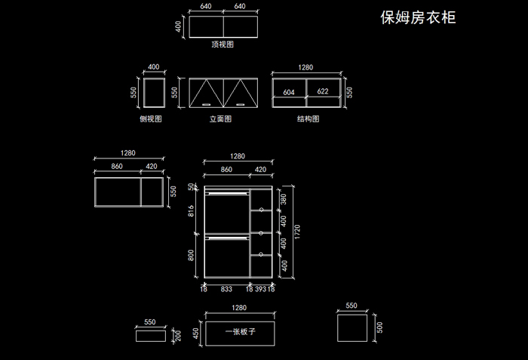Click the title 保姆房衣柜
coord(419,17)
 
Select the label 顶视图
coord(223,45)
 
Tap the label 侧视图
coord(151,118)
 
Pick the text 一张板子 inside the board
coord(240,331)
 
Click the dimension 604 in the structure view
coord(289,92)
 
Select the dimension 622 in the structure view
coord(323,92)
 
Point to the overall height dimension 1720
coord(296,229)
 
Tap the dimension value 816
coord(192,214)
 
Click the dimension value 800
coord(192,255)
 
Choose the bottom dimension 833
coord(226,288)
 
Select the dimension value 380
coord(284,199)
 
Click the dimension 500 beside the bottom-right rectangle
coord(379,327)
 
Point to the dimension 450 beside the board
coord(196,332)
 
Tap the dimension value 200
coord(179,334)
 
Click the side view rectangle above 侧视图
coord(154,93)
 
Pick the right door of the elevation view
coord(241,93)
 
